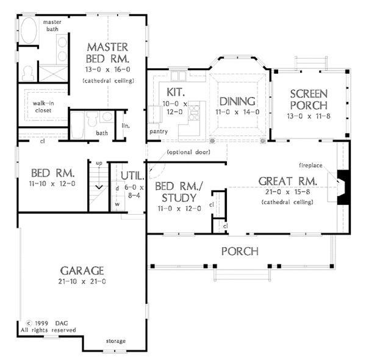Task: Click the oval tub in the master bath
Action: tap(29, 30)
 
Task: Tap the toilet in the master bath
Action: tap(27, 73)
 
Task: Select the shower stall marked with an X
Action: tap(53, 74)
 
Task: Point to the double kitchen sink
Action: tap(178, 76)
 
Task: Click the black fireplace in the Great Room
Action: tap(343, 187)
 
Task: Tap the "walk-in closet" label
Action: tap(43, 107)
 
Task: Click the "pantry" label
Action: tap(159, 131)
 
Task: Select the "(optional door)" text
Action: tap(188, 152)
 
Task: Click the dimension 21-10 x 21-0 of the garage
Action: tap(82, 281)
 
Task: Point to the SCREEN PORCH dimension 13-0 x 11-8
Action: tap(309, 116)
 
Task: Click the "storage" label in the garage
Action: tap(116, 341)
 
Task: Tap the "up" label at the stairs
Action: tap(99, 163)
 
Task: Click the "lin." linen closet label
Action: tap(126, 126)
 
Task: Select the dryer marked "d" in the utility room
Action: tap(118, 189)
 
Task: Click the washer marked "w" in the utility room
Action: tap(118, 204)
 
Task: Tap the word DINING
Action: tap(237, 101)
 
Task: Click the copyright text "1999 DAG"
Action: tap(51, 323)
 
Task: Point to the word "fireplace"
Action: tap(310, 165)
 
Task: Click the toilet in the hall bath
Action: tap(92, 119)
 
